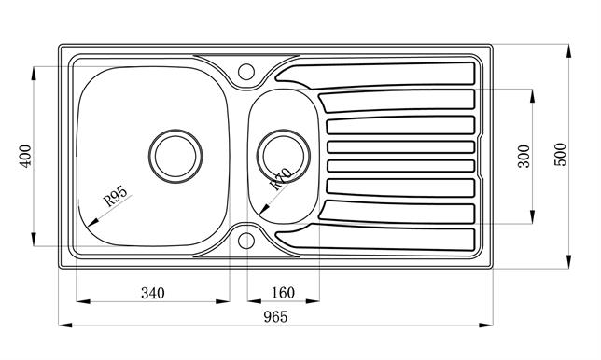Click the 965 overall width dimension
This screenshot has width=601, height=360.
275,317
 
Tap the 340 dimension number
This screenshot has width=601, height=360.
153,293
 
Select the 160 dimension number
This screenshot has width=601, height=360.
284,293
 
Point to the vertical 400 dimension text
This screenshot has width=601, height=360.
26,156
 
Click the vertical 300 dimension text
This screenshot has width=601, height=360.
524,156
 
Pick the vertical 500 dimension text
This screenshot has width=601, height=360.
560,154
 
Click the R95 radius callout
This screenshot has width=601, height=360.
116,197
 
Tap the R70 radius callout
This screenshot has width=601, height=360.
281,178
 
